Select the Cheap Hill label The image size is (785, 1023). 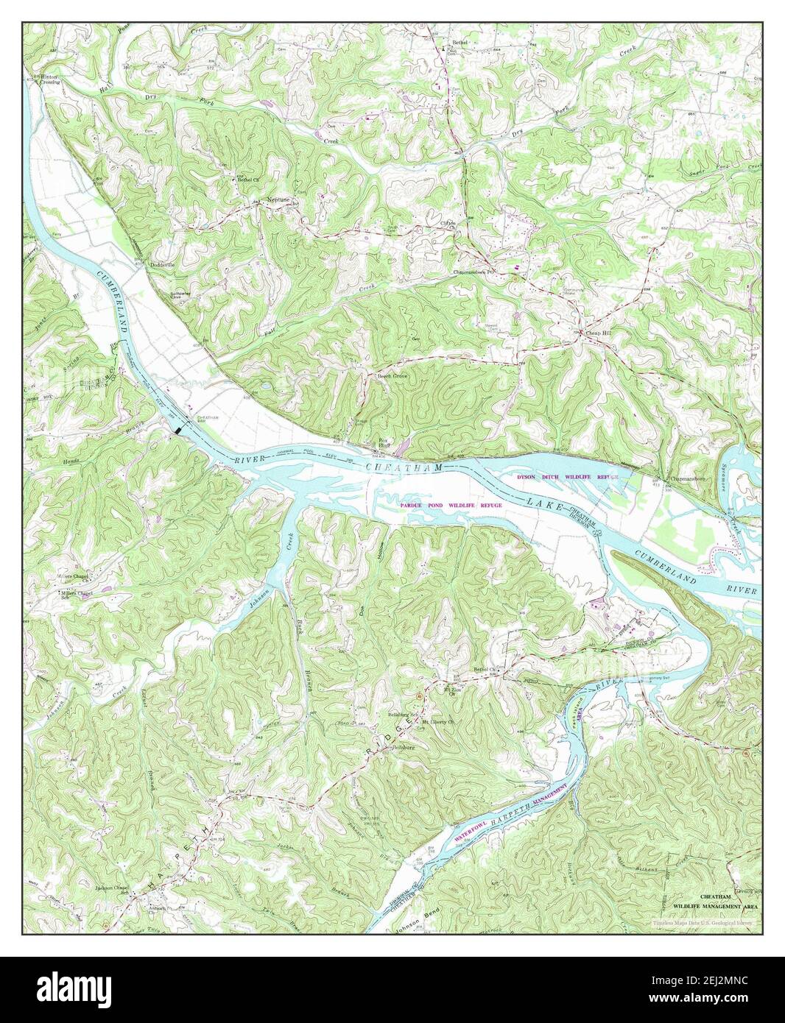tap(597, 333)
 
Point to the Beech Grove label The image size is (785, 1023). tap(392, 375)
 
